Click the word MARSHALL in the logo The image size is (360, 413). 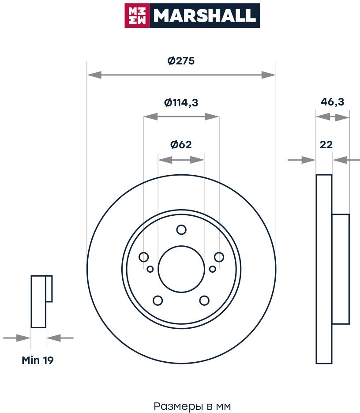[204, 15]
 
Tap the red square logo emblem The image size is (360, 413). [137, 15]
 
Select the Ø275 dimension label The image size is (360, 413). [181, 61]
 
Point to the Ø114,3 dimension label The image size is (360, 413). [181, 103]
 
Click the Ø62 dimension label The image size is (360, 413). [181, 144]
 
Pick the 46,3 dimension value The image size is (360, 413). [332, 102]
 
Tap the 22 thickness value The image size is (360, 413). [326, 144]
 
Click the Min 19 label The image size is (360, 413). [38, 360]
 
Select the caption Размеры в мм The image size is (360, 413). [192, 405]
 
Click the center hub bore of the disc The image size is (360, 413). [181, 269]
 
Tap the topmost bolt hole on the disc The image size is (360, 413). [181, 230]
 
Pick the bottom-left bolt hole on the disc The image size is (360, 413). [157, 300]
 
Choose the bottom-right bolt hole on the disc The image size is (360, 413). [204, 300]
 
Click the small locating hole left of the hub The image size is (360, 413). [150, 269]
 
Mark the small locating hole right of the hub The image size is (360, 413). [212, 269]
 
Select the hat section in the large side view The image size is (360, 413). [340, 269]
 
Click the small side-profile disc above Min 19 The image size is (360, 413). [38, 302]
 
